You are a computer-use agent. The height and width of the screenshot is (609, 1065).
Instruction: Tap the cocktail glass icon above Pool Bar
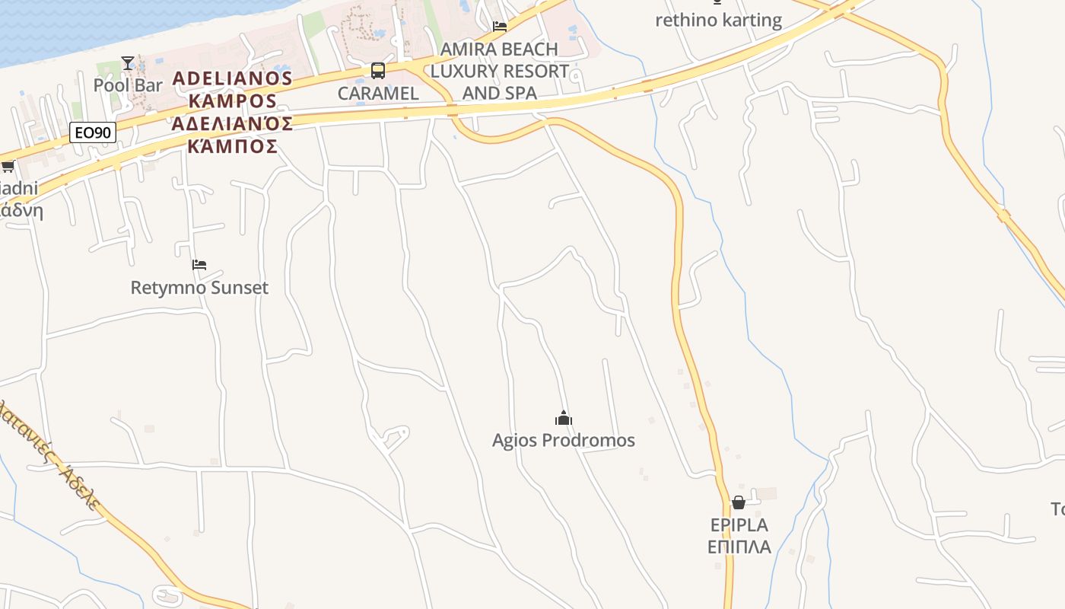click(128, 63)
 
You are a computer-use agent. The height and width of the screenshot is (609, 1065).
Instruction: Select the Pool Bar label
click(128, 85)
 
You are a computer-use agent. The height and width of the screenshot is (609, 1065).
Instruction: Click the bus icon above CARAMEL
click(378, 71)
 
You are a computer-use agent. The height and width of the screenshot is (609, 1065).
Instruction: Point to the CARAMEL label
click(378, 94)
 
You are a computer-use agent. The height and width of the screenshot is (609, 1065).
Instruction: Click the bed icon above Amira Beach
click(500, 27)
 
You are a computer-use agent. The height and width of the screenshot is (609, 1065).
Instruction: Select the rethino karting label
click(718, 20)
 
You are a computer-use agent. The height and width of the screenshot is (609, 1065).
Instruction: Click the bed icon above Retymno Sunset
click(199, 265)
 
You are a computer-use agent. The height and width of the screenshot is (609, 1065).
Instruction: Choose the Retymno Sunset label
click(199, 288)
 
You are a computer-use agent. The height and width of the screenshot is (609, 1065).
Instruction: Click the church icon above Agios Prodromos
click(563, 418)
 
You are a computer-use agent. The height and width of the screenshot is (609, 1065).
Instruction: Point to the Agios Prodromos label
click(563, 440)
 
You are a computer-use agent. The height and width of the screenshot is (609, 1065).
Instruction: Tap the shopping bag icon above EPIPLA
click(738, 502)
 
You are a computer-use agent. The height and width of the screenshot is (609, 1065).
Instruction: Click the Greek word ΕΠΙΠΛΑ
click(739, 547)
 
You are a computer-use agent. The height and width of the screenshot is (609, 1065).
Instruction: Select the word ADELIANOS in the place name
click(232, 78)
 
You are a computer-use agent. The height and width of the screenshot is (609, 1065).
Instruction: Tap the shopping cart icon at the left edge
click(8, 166)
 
